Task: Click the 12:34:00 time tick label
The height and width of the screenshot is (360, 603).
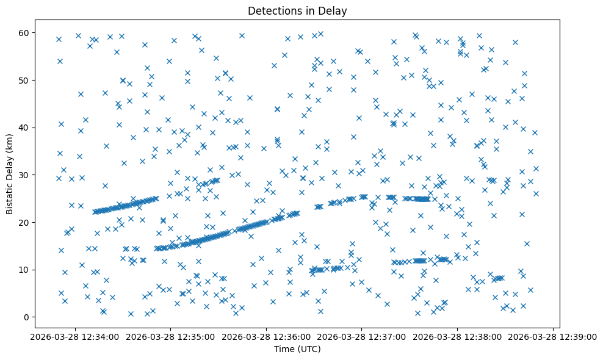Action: coord(75,337)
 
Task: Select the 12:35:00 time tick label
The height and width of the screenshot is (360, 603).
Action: coord(171,337)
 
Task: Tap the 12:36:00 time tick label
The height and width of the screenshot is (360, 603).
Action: coord(267,337)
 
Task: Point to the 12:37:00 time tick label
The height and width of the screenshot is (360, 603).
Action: coord(362,337)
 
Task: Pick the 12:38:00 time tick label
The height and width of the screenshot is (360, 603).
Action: coord(458,337)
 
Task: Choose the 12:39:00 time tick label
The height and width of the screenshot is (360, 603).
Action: coord(553,337)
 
